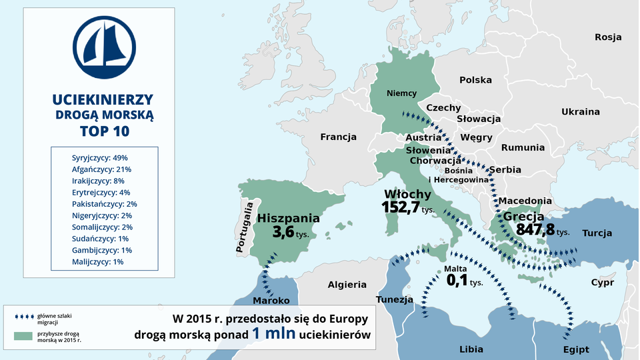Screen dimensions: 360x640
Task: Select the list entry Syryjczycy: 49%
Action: (x=99, y=158)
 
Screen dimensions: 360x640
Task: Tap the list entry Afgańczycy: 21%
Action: (x=101, y=169)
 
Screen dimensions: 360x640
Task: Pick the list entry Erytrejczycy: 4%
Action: (x=101, y=192)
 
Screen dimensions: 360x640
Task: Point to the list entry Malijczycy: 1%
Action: (x=97, y=262)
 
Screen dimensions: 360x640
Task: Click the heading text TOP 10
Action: (x=104, y=131)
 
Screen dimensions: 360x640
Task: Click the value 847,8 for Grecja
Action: (x=535, y=230)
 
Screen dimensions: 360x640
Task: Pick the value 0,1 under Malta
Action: (x=457, y=281)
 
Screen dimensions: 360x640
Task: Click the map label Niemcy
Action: (x=401, y=93)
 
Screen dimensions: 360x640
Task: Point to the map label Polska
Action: (x=475, y=80)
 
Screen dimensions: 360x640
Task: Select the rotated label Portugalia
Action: (x=245, y=227)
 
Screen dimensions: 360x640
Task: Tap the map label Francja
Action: (x=338, y=137)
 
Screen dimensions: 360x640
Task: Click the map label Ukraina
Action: (x=580, y=112)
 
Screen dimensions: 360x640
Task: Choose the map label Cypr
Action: (x=602, y=283)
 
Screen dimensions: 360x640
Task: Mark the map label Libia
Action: (x=471, y=349)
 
